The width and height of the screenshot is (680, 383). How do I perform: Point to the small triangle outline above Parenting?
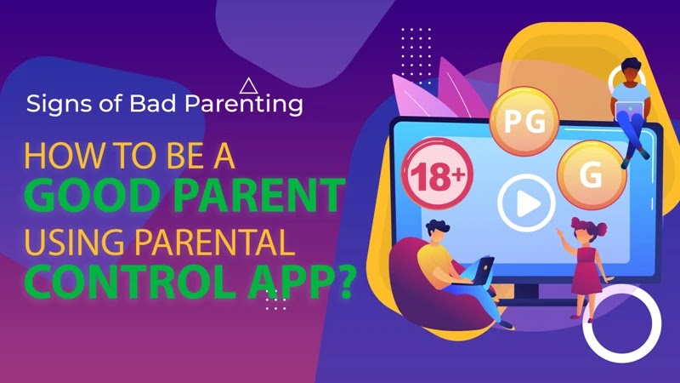(249, 85)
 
